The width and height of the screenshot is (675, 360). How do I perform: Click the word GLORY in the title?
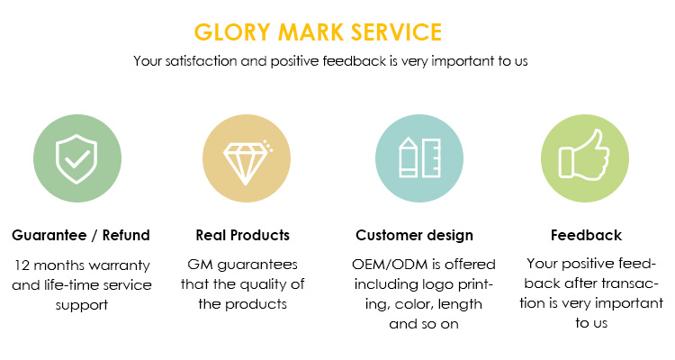click(x=232, y=32)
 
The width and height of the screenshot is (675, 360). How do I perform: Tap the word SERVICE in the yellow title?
click(x=397, y=32)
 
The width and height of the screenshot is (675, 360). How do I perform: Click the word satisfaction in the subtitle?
click(x=201, y=61)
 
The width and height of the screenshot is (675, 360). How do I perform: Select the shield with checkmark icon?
click(x=76, y=159)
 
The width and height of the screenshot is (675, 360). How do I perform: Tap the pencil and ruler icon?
click(x=419, y=158)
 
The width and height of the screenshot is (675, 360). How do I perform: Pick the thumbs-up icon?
click(x=584, y=154)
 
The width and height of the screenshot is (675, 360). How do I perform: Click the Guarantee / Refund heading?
click(x=81, y=235)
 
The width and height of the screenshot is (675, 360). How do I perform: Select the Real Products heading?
click(x=243, y=235)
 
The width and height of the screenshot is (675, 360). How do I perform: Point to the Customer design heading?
click(x=414, y=236)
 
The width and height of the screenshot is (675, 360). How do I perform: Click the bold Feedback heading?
click(x=586, y=235)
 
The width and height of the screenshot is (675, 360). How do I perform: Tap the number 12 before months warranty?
click(x=22, y=265)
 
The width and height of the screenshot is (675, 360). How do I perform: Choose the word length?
click(x=460, y=304)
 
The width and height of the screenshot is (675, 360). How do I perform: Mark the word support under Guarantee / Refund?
click(x=81, y=305)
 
